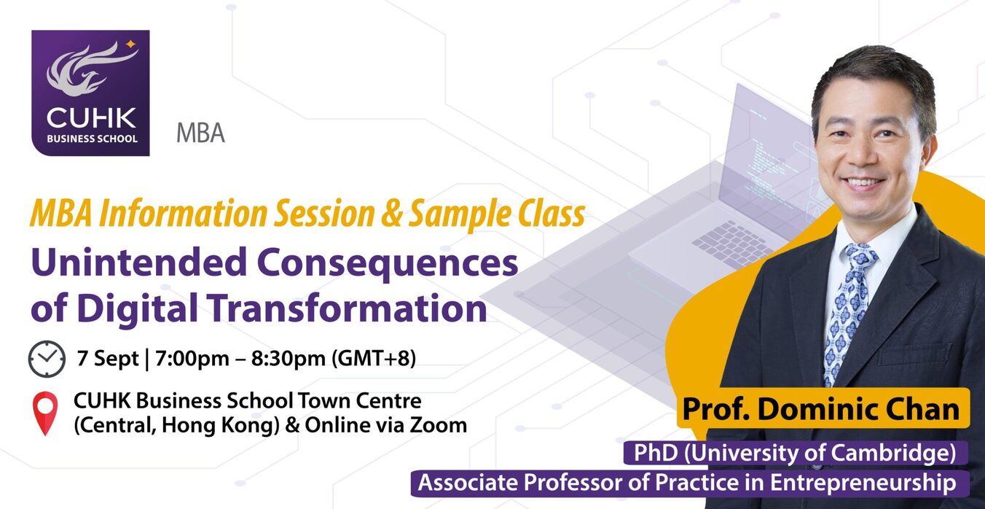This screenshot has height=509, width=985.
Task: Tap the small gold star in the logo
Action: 130,44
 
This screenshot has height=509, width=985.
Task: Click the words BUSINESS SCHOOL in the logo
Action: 92,139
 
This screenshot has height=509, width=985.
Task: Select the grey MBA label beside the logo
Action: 200,133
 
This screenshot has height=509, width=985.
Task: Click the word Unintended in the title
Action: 139,262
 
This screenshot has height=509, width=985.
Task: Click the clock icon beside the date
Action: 47,359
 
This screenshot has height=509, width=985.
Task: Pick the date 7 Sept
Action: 108,358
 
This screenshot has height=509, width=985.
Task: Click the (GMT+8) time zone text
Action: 373,358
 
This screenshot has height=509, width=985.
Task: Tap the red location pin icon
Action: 45,413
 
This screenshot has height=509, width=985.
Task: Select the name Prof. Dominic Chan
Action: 820,409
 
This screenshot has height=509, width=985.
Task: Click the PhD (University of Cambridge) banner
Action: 795,453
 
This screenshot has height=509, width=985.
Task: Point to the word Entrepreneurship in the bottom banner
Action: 863,483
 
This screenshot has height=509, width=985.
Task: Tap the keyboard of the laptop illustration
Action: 734,243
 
